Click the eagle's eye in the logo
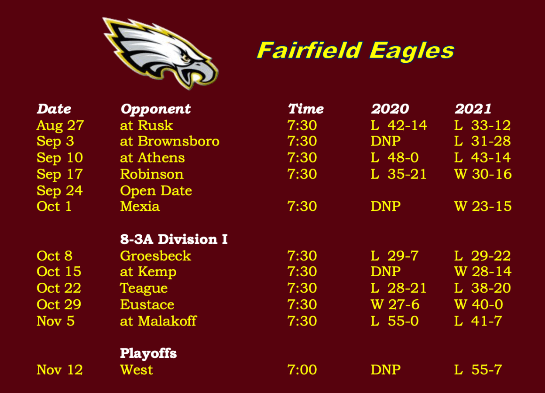(186, 58)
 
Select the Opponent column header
(155, 109)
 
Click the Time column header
(305, 108)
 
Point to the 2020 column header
(390, 108)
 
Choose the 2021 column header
(473, 108)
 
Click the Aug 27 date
(60, 126)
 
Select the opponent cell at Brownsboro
(170, 141)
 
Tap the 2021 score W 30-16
(483, 174)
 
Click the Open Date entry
(156, 190)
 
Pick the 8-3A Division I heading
(174, 239)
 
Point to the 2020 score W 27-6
(395, 305)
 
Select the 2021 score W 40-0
(478, 305)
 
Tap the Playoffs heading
(148, 354)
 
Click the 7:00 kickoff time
(302, 369)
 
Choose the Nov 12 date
(60, 369)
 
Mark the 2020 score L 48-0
(394, 157)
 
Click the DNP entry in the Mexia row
(385, 206)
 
